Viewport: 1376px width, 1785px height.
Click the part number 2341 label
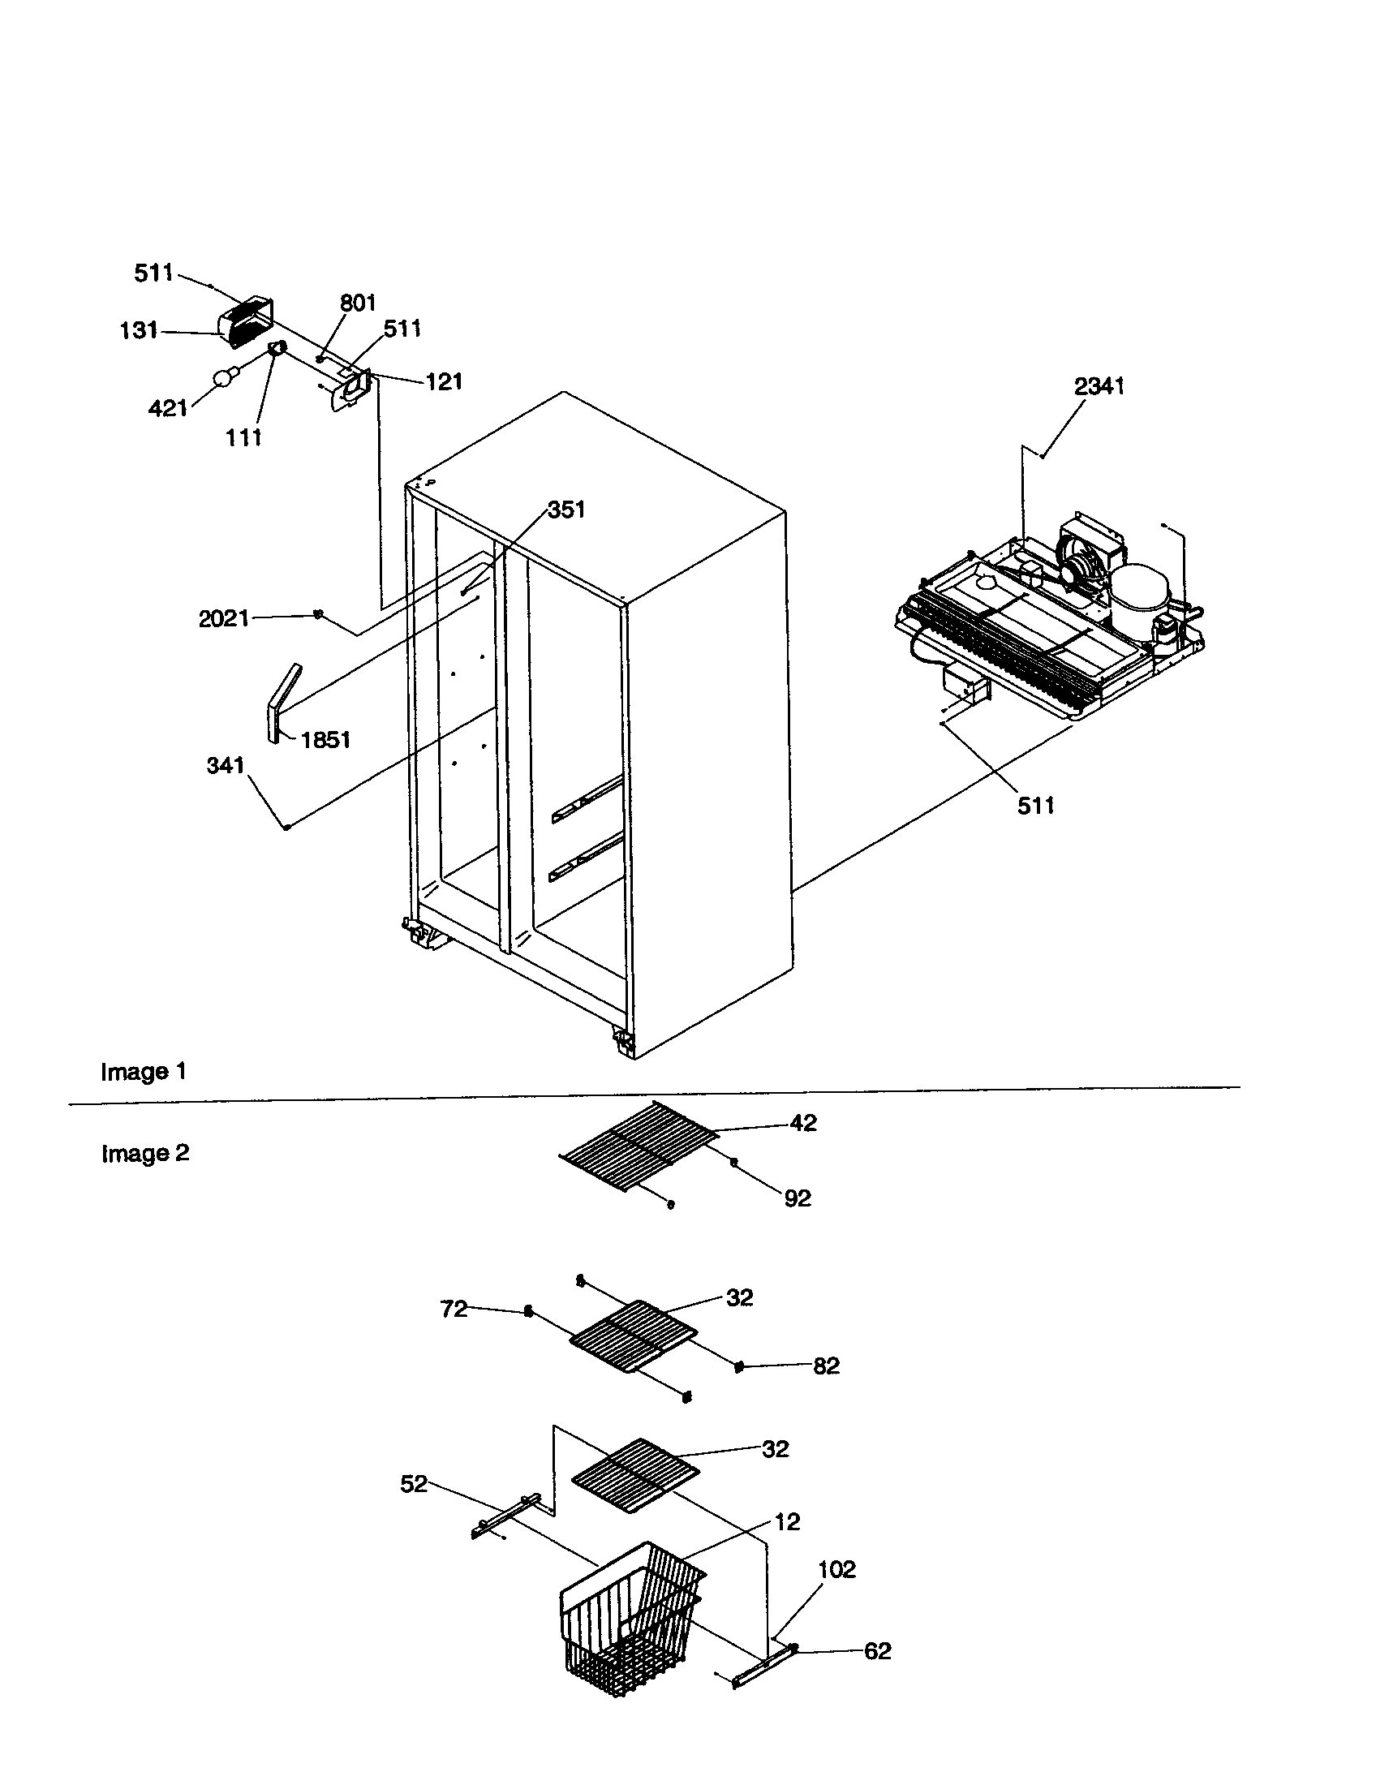pyautogui.click(x=1099, y=385)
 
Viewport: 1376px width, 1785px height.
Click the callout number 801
pyautogui.click(x=357, y=303)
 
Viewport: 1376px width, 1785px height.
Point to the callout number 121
pyautogui.click(x=444, y=381)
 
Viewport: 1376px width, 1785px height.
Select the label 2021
pyautogui.click(x=223, y=619)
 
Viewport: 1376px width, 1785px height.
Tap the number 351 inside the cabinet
pyautogui.click(x=565, y=510)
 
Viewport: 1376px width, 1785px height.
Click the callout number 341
pyautogui.click(x=225, y=765)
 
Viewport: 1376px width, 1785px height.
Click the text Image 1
pyautogui.click(x=143, y=1072)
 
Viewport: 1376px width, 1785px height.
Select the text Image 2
pyautogui.click(x=144, y=1153)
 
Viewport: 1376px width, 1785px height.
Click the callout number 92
pyautogui.click(x=798, y=1198)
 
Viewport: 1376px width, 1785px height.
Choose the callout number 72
pyautogui.click(x=454, y=1309)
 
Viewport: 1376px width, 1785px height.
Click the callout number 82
pyautogui.click(x=826, y=1366)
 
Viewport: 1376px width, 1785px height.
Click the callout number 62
pyautogui.click(x=877, y=1651)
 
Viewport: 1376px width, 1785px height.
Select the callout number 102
pyautogui.click(x=836, y=1569)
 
